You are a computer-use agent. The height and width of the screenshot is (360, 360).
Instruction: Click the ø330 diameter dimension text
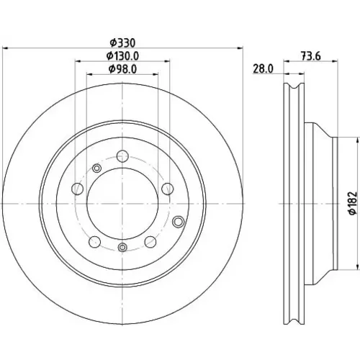122,43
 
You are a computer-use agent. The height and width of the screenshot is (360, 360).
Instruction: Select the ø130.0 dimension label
122,56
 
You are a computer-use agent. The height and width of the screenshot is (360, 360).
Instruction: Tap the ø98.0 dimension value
122,69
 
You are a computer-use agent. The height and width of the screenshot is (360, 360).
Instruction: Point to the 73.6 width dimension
311,56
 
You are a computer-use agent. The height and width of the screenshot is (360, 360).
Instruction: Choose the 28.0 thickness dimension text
264,69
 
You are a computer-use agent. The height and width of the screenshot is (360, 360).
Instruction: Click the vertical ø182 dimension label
353,203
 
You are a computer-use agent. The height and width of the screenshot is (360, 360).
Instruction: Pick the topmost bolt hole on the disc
122,156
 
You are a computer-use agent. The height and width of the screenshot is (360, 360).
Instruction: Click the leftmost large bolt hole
78,189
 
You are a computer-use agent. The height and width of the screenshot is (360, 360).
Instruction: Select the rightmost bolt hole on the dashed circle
168,189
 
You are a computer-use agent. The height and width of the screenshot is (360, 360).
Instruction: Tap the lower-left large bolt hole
94,242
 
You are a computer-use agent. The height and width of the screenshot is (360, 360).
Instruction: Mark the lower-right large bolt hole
150,242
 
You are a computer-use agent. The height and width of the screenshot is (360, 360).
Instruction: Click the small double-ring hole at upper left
96,168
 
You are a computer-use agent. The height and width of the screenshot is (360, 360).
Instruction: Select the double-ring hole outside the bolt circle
179,222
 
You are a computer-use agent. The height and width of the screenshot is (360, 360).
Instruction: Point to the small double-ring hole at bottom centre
122,247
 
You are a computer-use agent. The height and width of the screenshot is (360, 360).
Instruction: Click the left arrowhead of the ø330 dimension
5,48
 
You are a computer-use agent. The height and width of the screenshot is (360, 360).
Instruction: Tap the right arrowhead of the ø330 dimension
240,48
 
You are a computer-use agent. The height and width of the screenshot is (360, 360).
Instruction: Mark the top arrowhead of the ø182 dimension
358,140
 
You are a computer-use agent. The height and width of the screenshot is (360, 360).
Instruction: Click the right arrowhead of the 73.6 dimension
335,61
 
